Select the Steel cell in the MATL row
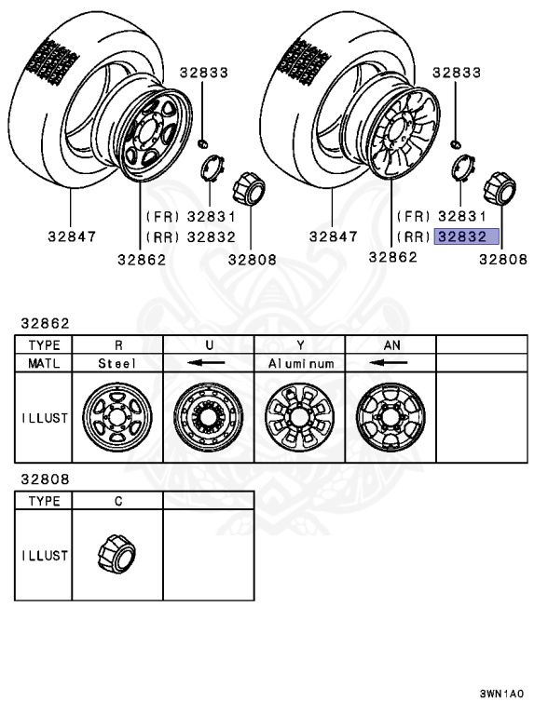116,363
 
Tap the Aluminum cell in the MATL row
299,363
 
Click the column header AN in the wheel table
390,344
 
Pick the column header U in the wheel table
208,344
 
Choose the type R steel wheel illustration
116,416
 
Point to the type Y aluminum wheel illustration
299,416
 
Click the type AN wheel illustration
390,416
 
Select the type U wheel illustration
208,416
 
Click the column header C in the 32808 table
116,501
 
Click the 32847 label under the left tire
72,236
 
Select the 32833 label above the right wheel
456,73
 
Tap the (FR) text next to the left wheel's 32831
160,216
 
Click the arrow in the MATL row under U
208,363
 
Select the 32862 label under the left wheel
142,260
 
